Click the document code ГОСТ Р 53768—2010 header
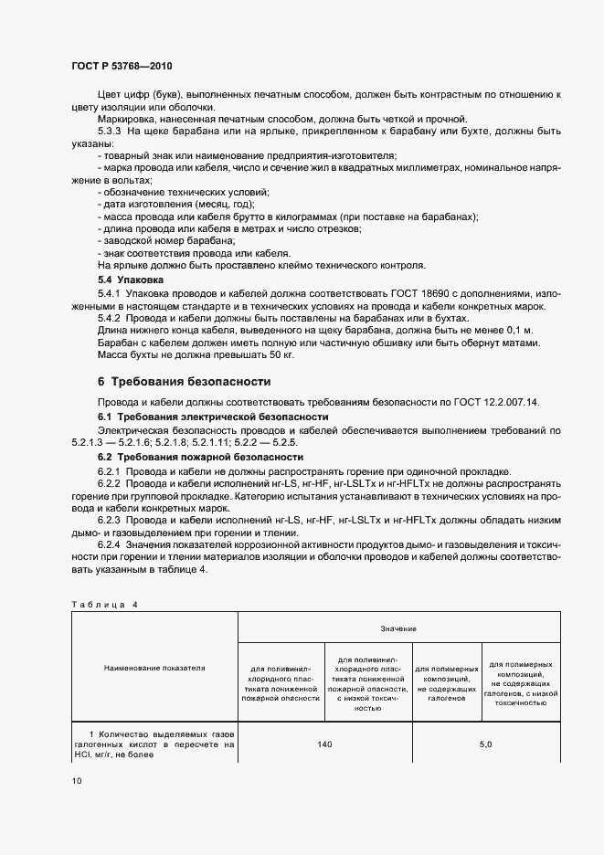point(121,67)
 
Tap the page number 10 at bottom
point(76,781)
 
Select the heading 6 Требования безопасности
point(184,381)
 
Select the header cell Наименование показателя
point(154,668)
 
